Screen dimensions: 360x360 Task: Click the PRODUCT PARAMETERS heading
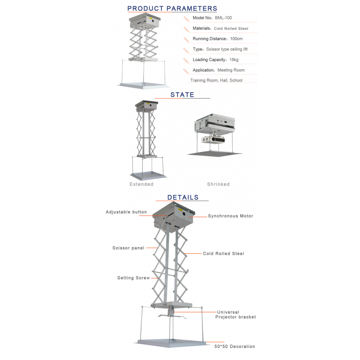pos(172,9)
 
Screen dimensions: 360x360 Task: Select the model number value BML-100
pos(223,18)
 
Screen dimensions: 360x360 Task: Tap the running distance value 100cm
pos(236,39)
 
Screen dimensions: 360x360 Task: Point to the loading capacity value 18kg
pos(234,60)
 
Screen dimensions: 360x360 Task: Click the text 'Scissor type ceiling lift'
pos(227,49)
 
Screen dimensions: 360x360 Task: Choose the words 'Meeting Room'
pos(231,70)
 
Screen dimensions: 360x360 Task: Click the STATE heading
pos(182,94)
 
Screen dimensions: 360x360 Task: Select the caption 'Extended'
pos(141,184)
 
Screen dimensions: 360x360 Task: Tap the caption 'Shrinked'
pos(218,184)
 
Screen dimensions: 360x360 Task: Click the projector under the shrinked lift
pos(213,139)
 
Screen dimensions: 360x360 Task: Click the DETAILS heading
pos(183,197)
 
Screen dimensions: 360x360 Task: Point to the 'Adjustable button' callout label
pos(126,212)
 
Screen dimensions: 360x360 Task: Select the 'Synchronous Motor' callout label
pos(230,216)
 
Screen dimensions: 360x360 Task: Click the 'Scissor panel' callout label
pos(128,248)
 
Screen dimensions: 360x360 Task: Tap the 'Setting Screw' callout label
pos(133,278)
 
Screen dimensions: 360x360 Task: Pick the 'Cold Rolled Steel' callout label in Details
pos(223,253)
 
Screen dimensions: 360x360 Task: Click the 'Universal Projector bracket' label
pos(235,315)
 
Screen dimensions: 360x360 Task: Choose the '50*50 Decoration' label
pos(234,346)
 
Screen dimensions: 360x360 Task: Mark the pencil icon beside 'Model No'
pos(186,19)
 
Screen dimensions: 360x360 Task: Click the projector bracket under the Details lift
pos(171,312)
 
